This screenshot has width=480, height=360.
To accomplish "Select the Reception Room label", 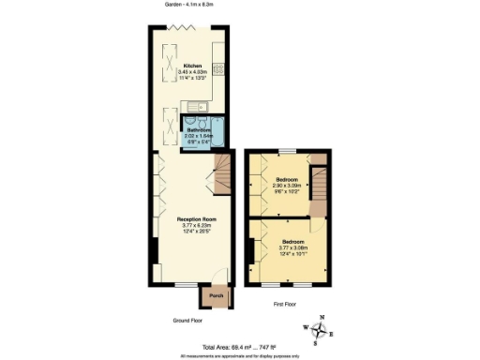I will click(191, 218).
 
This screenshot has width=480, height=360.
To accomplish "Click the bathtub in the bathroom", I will click(218, 131).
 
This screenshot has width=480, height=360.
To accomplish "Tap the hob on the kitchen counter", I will click(218, 67).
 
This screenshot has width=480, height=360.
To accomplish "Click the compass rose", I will click(322, 331).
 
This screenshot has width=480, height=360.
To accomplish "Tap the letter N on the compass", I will click(322, 317).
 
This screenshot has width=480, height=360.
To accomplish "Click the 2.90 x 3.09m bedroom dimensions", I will click(288, 185).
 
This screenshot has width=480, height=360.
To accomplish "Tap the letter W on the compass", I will click(307, 327).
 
